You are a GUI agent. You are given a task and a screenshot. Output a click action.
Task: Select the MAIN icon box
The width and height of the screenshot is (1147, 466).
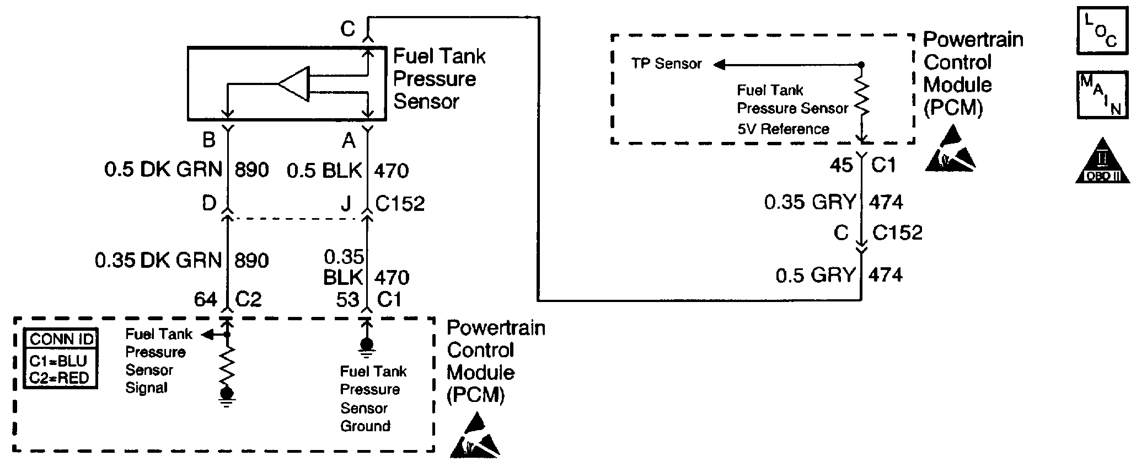[x=1102, y=95]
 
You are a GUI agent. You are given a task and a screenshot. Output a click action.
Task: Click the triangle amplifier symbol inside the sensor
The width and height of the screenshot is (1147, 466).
[x=294, y=84]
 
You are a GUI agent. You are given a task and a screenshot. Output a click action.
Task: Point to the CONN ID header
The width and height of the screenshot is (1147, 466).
[x=61, y=338]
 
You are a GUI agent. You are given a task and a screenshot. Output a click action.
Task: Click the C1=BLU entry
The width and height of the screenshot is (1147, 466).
[x=58, y=361]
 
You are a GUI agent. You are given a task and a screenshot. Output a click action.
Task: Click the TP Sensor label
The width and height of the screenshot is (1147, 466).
[x=666, y=64]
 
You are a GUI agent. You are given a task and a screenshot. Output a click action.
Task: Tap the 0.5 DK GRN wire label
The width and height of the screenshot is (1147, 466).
[x=163, y=170]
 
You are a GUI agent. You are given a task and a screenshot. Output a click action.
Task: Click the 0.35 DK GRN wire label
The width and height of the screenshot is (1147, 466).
[x=158, y=260]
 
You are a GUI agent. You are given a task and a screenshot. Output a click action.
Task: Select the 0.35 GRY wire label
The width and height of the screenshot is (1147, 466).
[x=810, y=203]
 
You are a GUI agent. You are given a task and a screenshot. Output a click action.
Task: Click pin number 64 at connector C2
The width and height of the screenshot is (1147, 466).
[x=205, y=299]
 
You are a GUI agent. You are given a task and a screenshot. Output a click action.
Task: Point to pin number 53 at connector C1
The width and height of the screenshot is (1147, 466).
[x=347, y=300]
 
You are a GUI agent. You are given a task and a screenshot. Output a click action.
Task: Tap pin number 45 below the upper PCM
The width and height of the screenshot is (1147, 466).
[x=841, y=165]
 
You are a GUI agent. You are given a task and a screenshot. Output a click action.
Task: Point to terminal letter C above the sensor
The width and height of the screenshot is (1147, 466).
[x=348, y=29]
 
